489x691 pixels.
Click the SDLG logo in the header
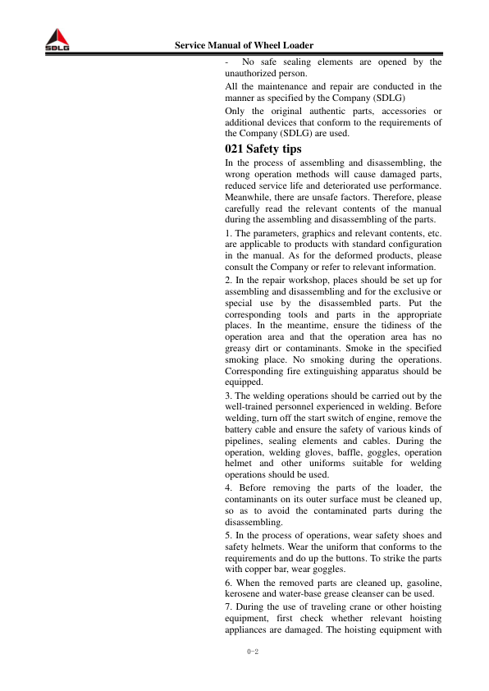pyautogui.click(x=57, y=42)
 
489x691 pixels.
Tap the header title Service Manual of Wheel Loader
pyautogui.click(x=244, y=44)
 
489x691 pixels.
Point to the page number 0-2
pyautogui.click(x=252, y=652)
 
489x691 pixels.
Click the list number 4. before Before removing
pyautogui.click(x=227, y=488)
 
